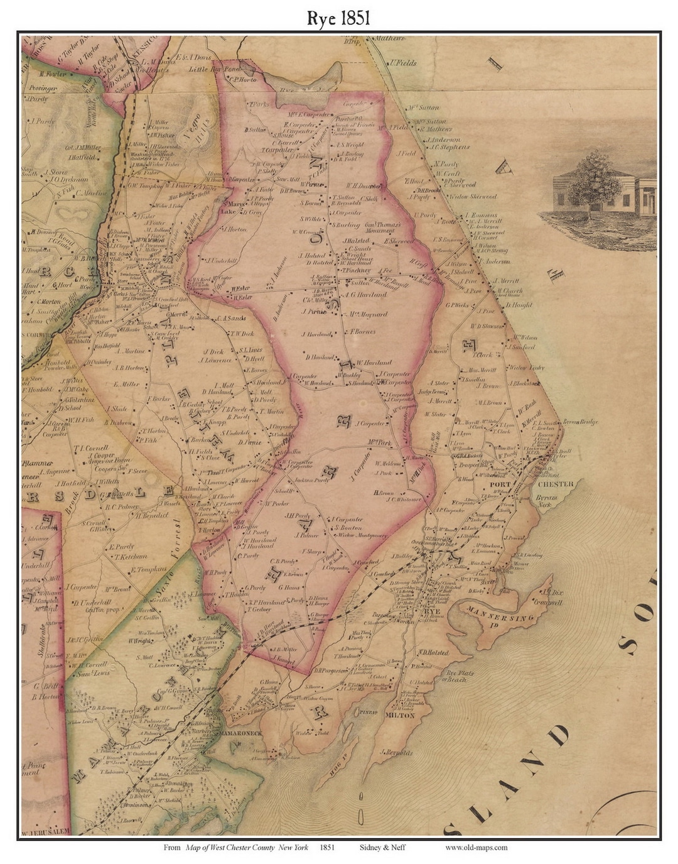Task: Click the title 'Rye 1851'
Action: tap(338, 18)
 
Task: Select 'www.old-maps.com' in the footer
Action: tap(476, 847)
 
